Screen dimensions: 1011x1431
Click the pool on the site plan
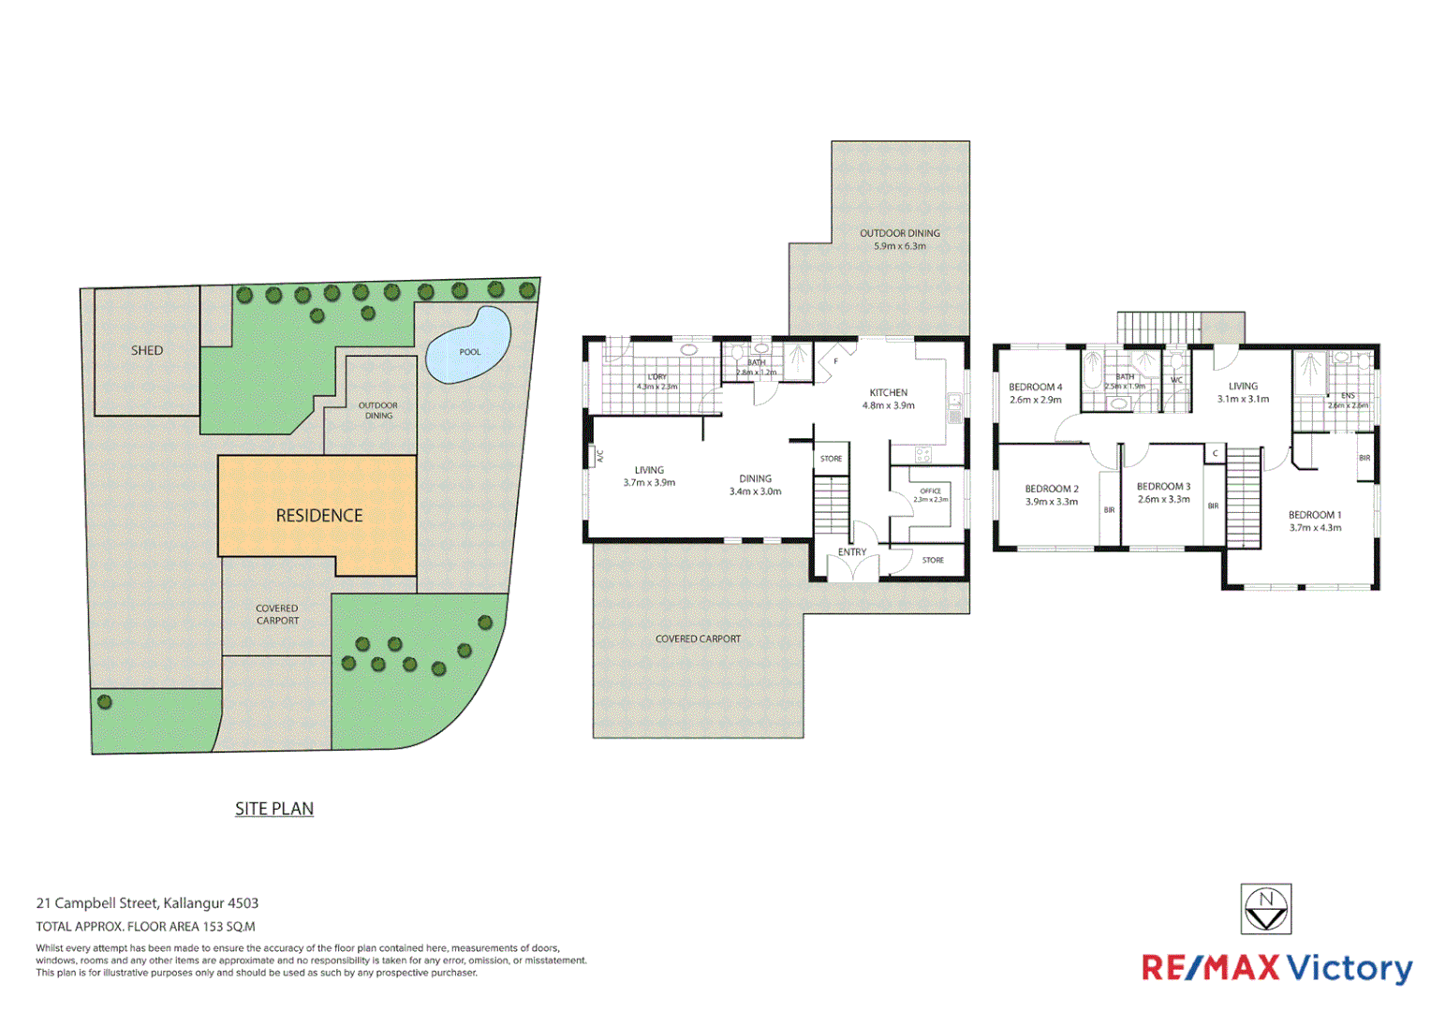pyautogui.click(x=468, y=346)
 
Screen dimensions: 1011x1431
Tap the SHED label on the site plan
pyautogui.click(x=147, y=350)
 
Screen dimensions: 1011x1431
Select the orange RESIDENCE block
pyautogui.click(x=318, y=515)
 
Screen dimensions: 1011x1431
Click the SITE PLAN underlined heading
pyautogui.click(x=274, y=809)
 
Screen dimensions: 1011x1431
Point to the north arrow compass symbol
pyautogui.click(x=1266, y=909)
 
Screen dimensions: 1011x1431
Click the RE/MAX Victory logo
pyautogui.click(x=1276, y=968)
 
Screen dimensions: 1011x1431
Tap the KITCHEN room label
pyautogui.click(x=888, y=392)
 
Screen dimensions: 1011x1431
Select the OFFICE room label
pyautogui.click(x=930, y=491)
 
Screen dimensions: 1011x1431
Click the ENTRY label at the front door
pyautogui.click(x=852, y=552)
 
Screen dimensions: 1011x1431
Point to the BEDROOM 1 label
pyautogui.click(x=1314, y=515)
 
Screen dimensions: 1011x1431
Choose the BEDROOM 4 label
pyautogui.click(x=1035, y=387)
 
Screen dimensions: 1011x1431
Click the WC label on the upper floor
pyautogui.click(x=1176, y=380)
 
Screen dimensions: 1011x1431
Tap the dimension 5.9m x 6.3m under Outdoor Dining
pyautogui.click(x=900, y=246)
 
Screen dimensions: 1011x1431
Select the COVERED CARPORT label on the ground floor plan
pyautogui.click(x=698, y=638)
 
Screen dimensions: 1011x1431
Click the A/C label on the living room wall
pyautogui.click(x=600, y=456)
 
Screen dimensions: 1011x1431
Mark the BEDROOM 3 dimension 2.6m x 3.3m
pyautogui.click(x=1163, y=499)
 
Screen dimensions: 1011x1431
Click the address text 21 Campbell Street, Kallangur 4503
pyautogui.click(x=147, y=903)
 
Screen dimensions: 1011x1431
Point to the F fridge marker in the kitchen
pyautogui.click(x=835, y=361)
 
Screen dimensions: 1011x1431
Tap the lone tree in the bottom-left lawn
pyautogui.click(x=105, y=702)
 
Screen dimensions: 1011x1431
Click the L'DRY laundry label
pyautogui.click(x=656, y=377)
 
